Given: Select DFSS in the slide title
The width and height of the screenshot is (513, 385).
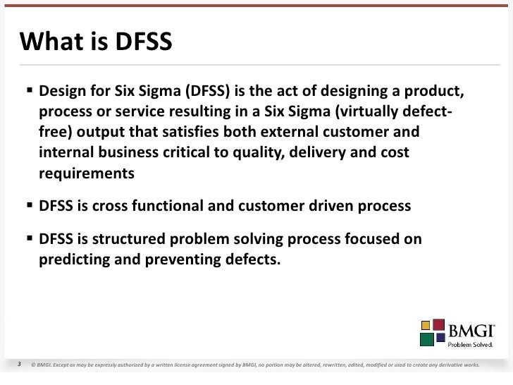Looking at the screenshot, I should click(139, 43).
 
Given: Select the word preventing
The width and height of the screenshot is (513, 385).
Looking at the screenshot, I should click(183, 259).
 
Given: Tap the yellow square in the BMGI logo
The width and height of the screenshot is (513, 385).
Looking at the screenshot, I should click(426, 325).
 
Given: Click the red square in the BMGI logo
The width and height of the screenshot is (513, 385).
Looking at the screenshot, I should click(439, 327).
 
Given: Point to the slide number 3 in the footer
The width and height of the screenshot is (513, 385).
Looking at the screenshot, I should click(20, 365).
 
